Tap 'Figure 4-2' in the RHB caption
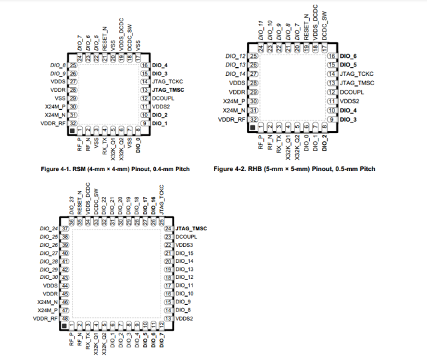point(230,169)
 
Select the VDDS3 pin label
point(185,245)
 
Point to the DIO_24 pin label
point(49,228)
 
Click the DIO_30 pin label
point(49,277)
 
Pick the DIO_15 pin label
point(185,253)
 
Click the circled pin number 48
point(65,319)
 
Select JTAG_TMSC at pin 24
point(192,228)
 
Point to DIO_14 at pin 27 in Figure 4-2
point(236,74)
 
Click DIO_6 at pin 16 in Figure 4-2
point(348,56)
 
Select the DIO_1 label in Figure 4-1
point(160,123)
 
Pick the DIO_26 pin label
point(49,245)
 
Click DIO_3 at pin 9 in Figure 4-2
point(348,118)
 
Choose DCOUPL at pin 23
point(187,237)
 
